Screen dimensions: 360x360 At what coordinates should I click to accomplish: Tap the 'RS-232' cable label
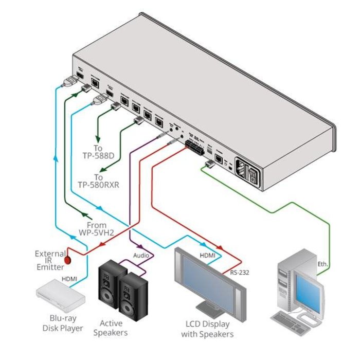[x=239, y=273]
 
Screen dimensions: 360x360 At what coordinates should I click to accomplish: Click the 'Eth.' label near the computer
[x=322, y=264]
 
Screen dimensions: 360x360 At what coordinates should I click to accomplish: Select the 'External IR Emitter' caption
[x=50, y=260]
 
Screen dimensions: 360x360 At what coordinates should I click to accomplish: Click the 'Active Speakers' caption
[x=111, y=328]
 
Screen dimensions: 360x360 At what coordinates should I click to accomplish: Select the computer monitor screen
[x=311, y=289]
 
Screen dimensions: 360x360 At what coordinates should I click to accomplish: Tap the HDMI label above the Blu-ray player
[x=70, y=278]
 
